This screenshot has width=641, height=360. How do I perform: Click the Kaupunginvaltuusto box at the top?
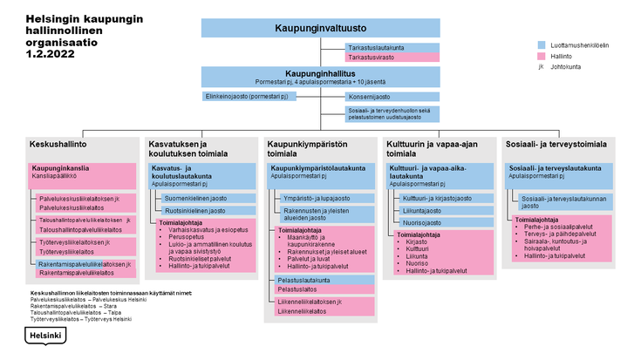click(319, 27)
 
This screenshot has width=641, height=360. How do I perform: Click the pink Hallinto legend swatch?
click(543, 55)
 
